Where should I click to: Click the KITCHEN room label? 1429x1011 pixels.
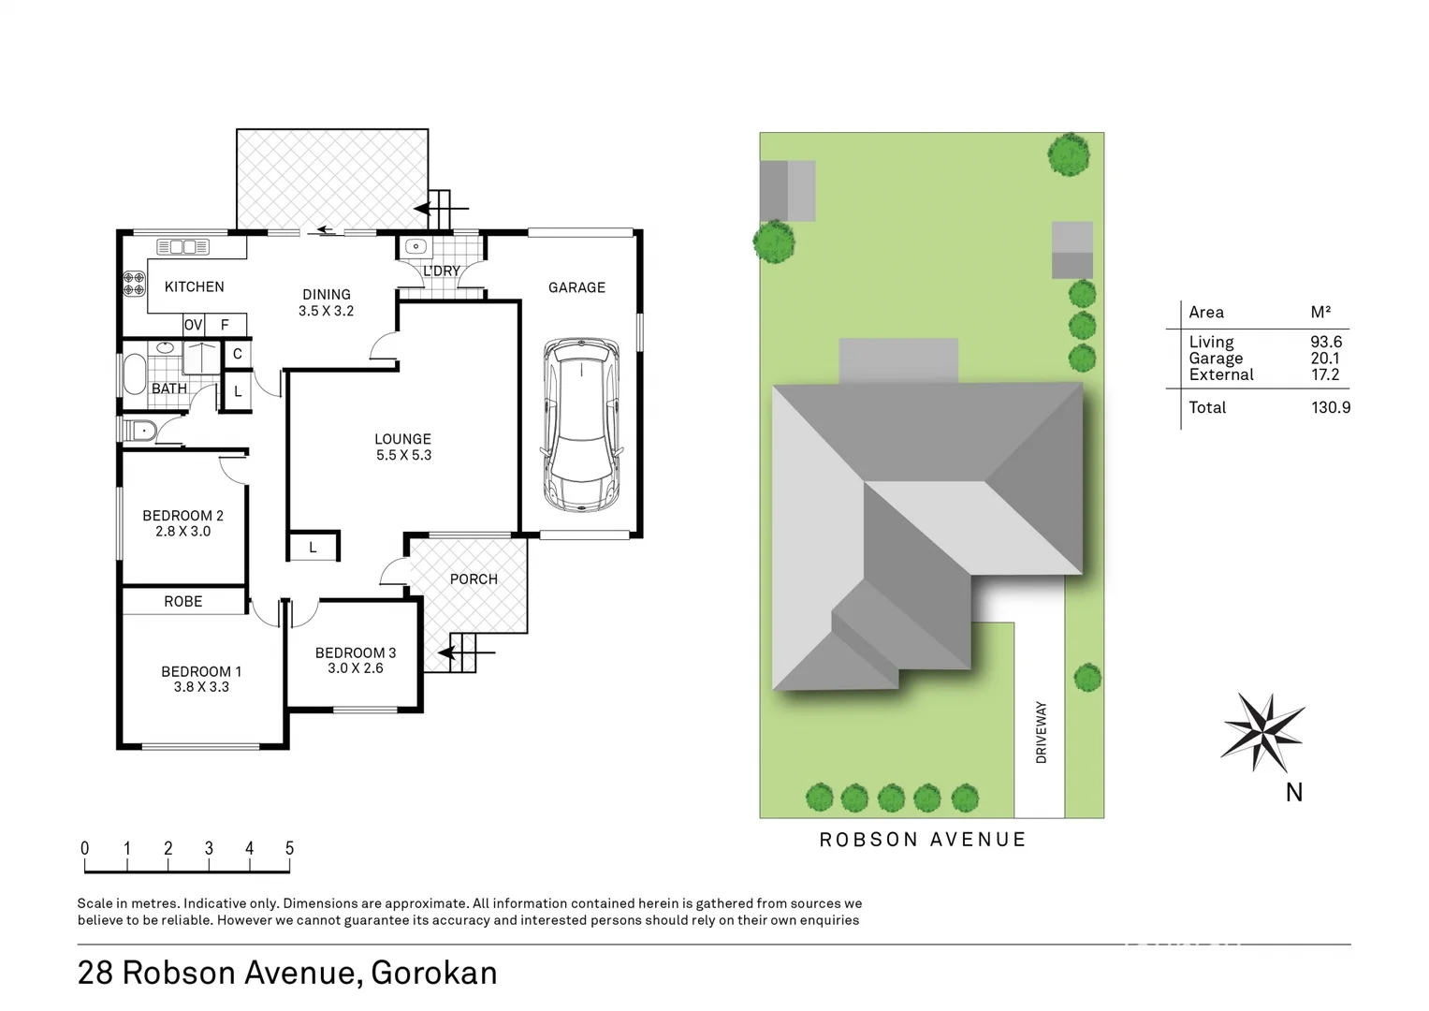tap(194, 286)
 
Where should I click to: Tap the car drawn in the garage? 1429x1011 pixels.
tap(580, 424)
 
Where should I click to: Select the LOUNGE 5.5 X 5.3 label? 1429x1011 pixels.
tap(403, 447)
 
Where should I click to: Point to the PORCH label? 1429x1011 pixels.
tap(474, 579)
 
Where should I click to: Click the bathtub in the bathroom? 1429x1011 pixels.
tap(134, 374)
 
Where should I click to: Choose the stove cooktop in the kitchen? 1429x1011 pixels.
tap(134, 284)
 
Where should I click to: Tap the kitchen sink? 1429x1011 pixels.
tap(182, 247)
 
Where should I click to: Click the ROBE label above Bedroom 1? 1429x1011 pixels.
tap(182, 601)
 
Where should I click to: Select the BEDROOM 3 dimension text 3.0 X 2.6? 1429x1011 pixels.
tap(356, 668)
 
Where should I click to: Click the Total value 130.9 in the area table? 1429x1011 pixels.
tap(1330, 407)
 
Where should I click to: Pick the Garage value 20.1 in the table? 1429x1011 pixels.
tap(1324, 359)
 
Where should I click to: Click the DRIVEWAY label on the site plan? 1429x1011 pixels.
tap(1041, 732)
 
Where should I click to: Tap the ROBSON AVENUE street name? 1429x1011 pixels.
tap(923, 840)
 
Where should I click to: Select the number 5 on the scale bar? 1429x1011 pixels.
tap(289, 848)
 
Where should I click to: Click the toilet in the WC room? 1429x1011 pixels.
tap(139, 431)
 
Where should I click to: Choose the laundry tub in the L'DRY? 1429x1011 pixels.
tap(416, 247)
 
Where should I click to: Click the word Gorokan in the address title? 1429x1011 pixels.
tap(434, 974)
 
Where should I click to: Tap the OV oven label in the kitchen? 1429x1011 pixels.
tap(193, 325)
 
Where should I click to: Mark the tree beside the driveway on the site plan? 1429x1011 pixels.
tap(1086, 677)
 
